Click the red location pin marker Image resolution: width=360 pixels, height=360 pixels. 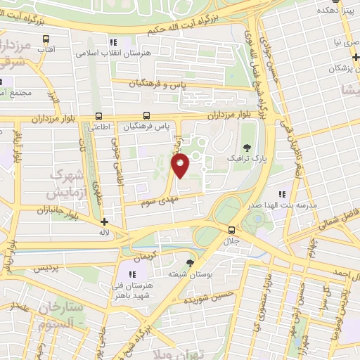[181, 165]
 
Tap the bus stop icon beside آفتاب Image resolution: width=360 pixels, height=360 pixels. [46, 39]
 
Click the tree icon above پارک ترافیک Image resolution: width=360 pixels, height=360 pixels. [247, 148]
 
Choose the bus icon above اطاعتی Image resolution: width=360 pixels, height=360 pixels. [98, 116]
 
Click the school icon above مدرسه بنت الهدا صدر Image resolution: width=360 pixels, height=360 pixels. [281, 195]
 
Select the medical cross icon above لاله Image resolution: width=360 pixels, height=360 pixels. [105, 221]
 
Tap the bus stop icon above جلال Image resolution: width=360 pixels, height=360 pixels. [231, 229]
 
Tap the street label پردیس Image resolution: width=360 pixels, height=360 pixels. [43, 268]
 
